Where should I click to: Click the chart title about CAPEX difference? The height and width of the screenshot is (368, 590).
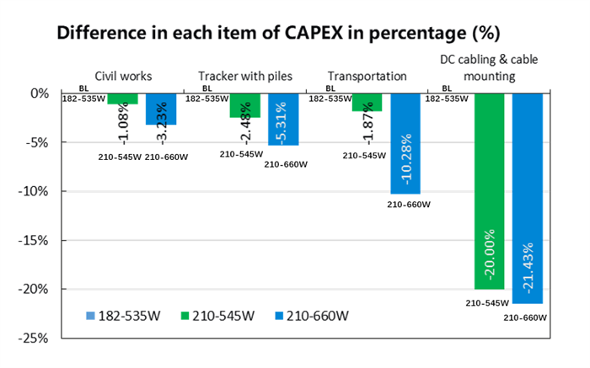(278, 35)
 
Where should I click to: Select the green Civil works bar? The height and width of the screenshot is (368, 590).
(122, 99)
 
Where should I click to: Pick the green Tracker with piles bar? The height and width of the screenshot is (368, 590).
(244, 105)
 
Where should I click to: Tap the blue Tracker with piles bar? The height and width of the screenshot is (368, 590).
(283, 119)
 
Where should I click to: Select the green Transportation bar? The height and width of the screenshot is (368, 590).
(367, 102)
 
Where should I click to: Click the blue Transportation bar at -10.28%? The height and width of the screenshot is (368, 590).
(406, 143)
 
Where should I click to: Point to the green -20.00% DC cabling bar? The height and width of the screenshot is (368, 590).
(491, 191)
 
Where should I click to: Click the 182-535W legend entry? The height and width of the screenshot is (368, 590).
(115, 317)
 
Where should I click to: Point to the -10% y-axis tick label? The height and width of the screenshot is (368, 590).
(35, 191)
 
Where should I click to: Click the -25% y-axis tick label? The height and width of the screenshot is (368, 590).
(35, 338)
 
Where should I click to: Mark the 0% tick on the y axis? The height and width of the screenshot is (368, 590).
(40, 93)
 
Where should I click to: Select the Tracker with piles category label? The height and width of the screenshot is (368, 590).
(245, 76)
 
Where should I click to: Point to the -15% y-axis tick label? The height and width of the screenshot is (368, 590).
(35, 240)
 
